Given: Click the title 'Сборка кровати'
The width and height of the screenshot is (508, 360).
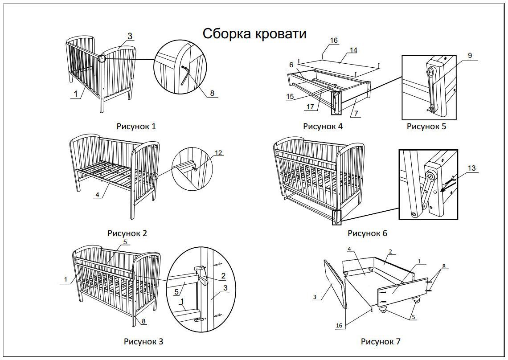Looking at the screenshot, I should [254, 34].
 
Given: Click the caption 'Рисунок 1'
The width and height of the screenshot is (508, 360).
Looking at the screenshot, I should [136, 127].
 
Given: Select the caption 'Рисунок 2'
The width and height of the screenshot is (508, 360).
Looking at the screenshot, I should [127, 233].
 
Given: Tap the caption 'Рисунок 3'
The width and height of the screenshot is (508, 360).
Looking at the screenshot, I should [143, 342].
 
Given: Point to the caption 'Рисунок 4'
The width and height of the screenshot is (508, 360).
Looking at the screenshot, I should [323, 127].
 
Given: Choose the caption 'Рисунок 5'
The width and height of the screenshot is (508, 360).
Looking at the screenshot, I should [426, 127].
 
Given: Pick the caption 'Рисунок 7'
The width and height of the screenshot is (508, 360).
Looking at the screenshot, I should [381, 342].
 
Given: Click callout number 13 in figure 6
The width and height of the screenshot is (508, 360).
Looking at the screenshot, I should [471, 168].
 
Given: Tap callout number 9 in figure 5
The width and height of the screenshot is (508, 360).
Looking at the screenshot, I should [470, 56].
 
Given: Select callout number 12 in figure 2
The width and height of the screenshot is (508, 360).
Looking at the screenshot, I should [218, 153].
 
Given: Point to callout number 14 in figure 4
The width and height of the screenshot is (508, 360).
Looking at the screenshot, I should [353, 50].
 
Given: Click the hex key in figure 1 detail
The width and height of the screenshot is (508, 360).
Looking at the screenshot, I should [187, 76].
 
